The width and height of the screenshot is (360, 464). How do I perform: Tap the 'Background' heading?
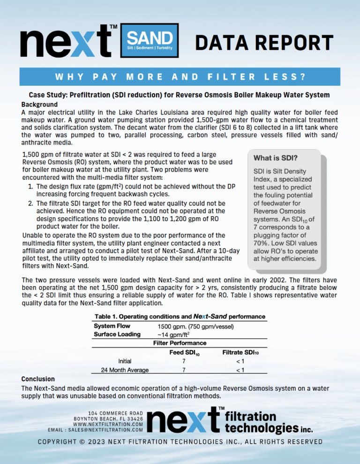coord(39,104)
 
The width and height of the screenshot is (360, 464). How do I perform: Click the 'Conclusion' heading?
coord(38,379)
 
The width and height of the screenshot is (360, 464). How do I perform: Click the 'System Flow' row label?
coord(112,326)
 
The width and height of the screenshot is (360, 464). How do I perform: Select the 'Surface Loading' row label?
coord(117,334)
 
